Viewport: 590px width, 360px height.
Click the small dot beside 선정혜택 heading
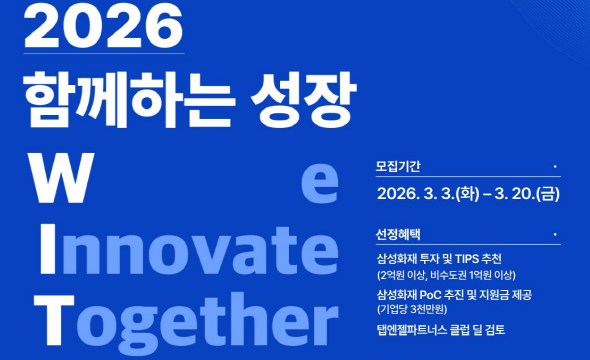click(554, 234)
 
